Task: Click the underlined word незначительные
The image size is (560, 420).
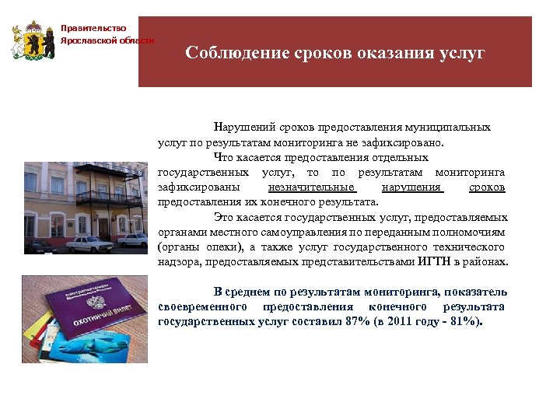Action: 311,187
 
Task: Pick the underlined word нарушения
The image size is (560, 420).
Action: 412,187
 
